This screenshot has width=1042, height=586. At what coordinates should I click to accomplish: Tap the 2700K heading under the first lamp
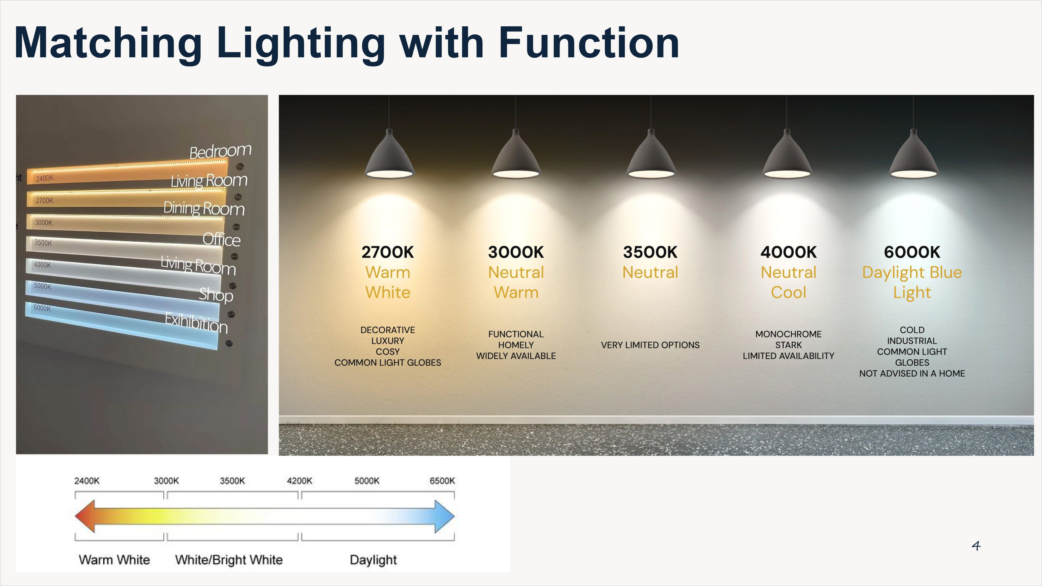(388, 252)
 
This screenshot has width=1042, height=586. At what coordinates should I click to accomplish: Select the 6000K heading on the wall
(912, 252)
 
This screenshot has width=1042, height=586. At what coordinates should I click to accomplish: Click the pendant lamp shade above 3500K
(650, 156)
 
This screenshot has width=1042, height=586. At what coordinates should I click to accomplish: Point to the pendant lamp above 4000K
(786, 156)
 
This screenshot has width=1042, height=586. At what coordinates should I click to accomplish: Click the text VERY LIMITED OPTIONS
(650, 345)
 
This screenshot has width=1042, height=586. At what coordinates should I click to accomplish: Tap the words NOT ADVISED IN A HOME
(912, 373)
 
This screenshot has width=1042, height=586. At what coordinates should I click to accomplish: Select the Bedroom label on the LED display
(220, 151)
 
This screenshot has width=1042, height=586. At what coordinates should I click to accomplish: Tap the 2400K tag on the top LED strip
(45, 178)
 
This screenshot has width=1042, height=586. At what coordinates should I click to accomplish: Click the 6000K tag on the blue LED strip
(42, 308)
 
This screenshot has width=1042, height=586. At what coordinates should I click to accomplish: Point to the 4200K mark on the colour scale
(299, 481)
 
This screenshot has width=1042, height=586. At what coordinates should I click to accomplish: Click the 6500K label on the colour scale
(442, 481)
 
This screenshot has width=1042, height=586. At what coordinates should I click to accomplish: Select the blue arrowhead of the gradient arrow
(444, 516)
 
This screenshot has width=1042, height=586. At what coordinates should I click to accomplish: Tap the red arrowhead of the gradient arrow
(85, 516)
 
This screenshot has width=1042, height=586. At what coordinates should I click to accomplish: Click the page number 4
(976, 546)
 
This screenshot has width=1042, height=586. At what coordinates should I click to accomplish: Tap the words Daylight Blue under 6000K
(912, 273)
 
